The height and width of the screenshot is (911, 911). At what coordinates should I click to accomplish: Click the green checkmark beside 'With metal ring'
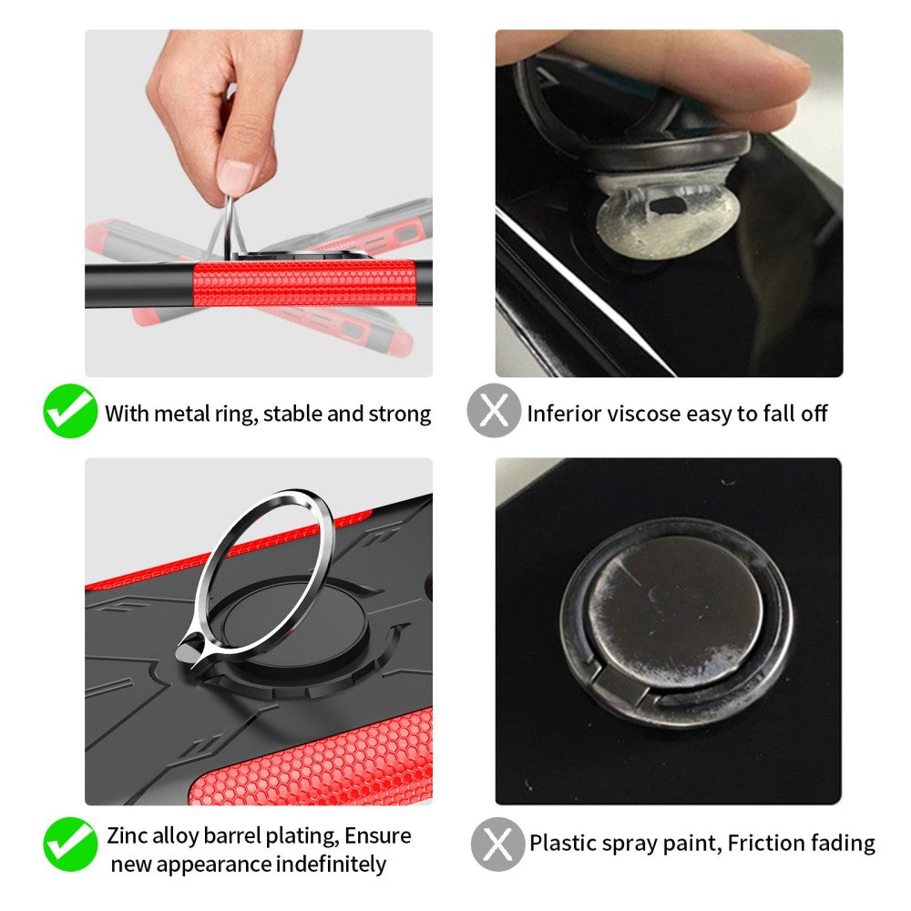(70, 411)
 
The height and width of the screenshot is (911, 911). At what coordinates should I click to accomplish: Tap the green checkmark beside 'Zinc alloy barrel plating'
(70, 844)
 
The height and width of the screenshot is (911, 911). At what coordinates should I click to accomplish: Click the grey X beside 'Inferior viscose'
(494, 411)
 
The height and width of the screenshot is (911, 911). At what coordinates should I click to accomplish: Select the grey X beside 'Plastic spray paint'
(497, 844)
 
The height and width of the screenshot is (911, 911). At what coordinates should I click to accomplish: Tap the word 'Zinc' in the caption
(128, 835)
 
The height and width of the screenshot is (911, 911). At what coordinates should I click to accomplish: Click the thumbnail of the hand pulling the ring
(259, 203)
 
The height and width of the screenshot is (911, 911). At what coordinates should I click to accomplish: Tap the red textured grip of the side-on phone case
(304, 283)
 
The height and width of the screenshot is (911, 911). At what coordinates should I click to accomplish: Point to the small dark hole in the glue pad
(668, 205)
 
